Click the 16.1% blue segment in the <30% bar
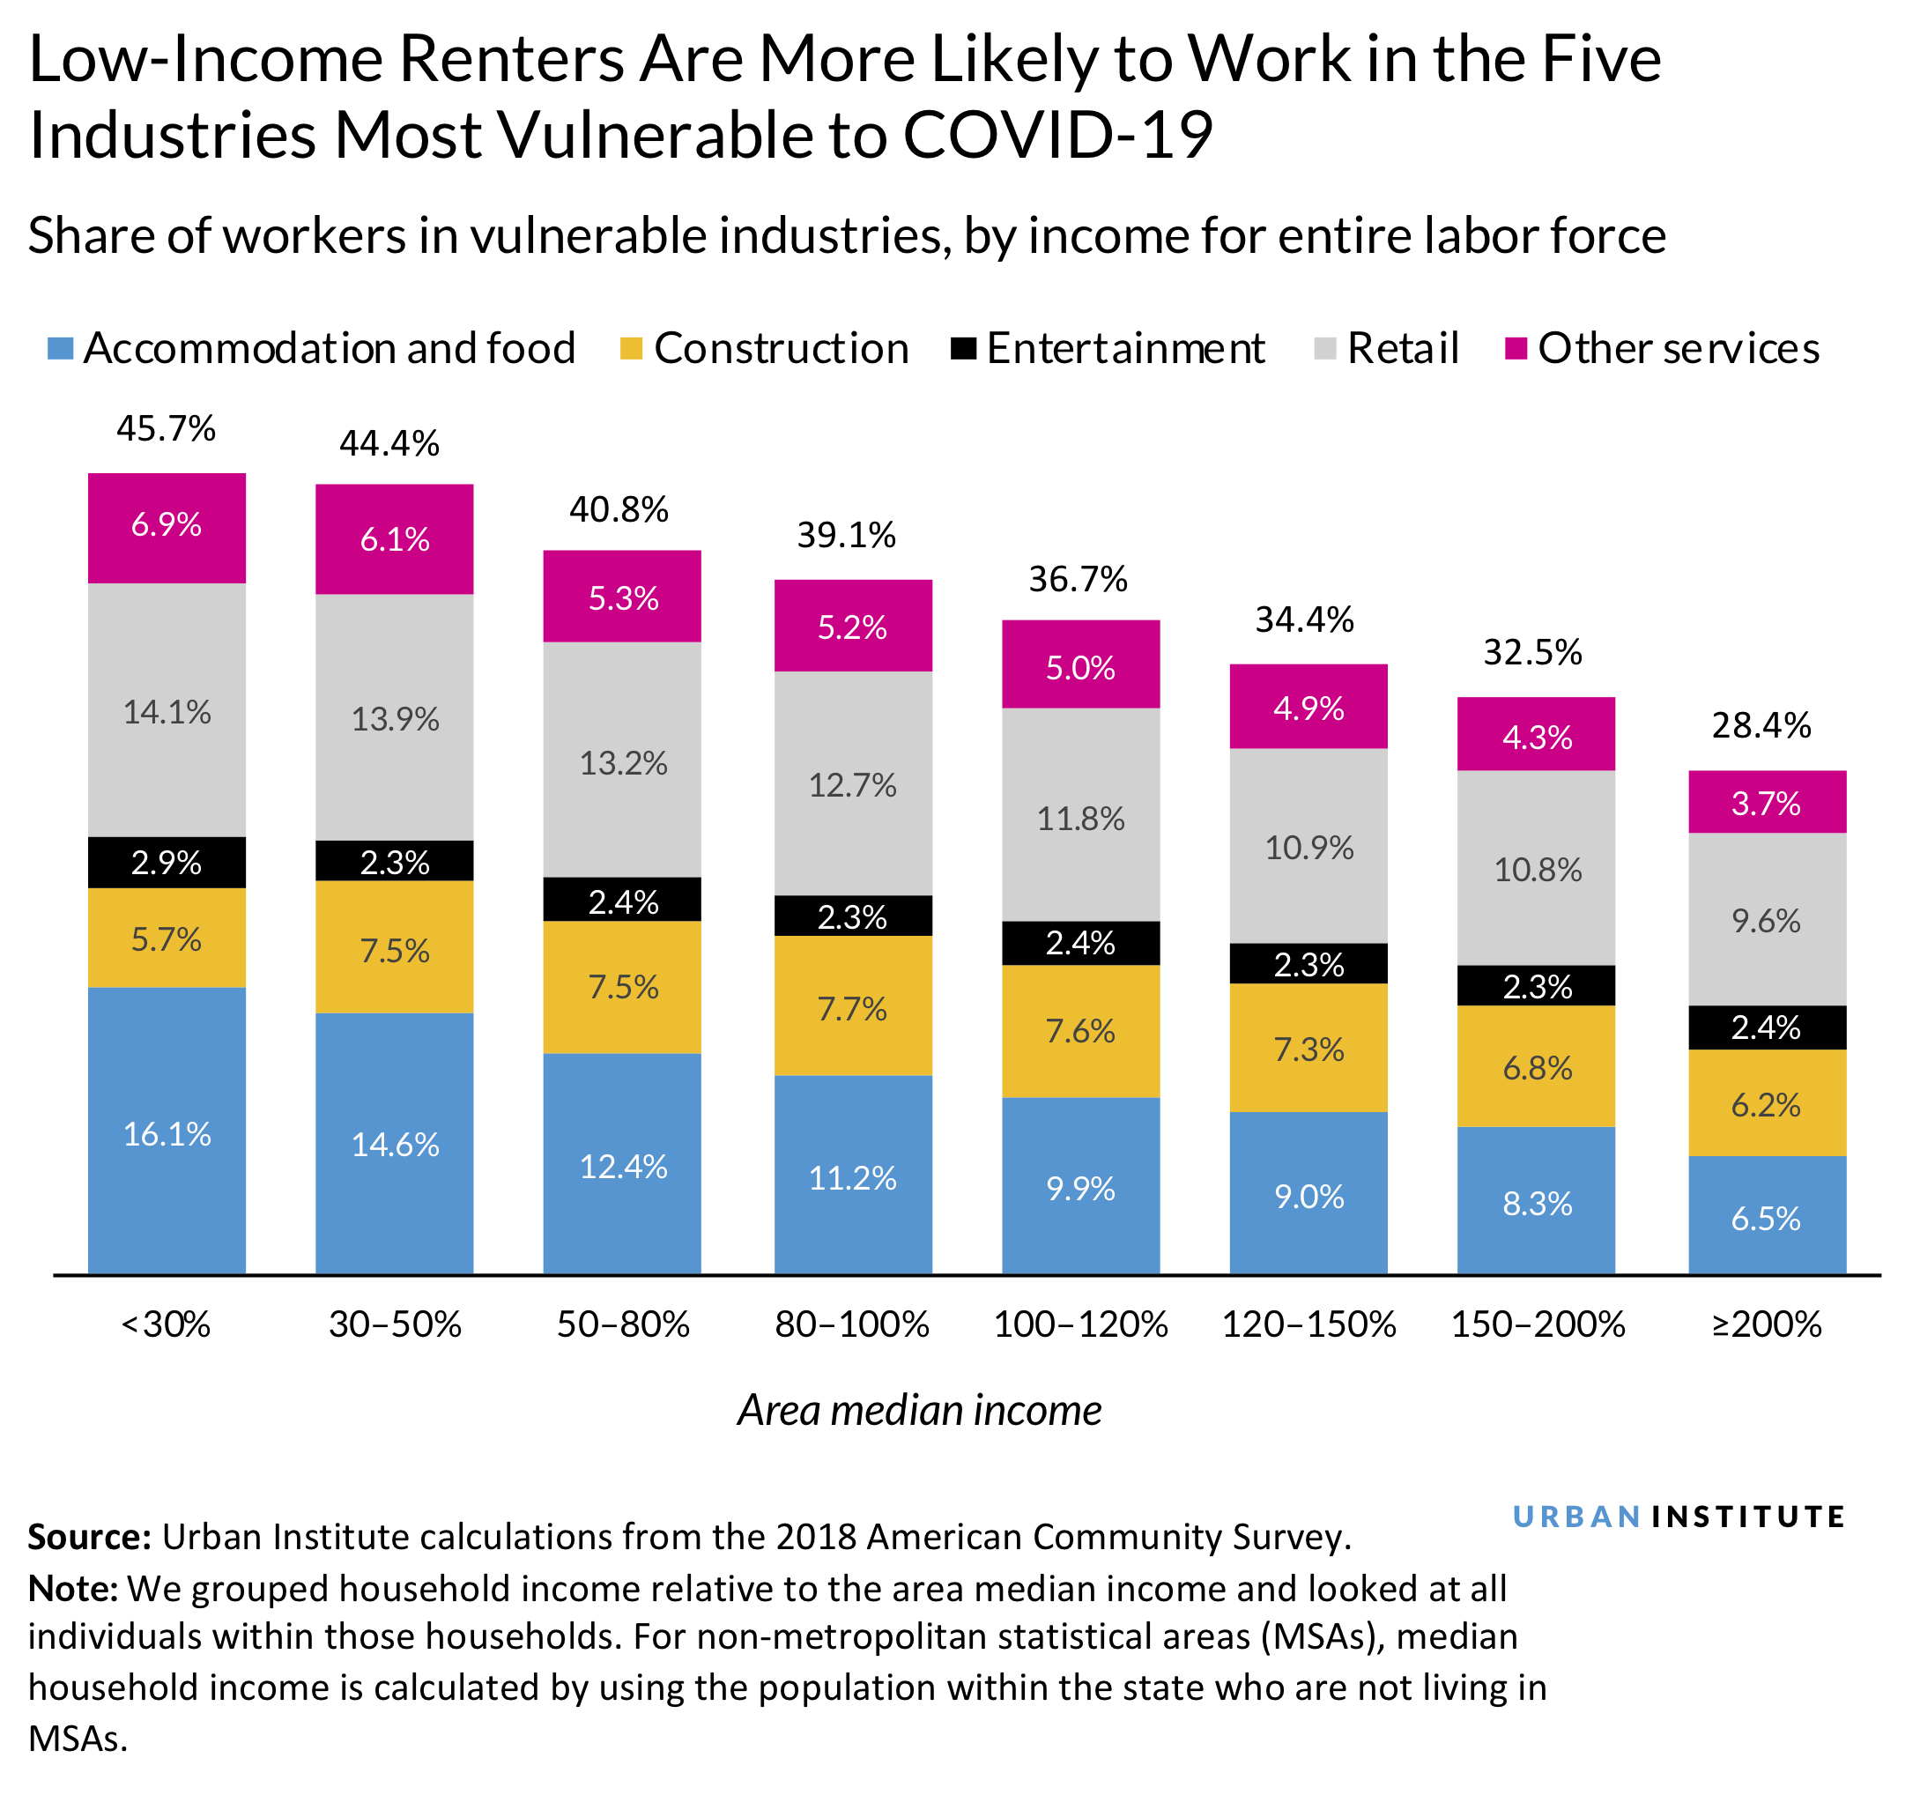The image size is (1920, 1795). coord(167,1132)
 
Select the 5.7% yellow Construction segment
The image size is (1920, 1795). coord(167,938)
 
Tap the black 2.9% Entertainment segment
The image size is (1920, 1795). coord(167,862)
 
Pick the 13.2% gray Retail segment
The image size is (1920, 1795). coord(623,762)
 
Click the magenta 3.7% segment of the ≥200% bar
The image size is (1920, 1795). coord(1766,803)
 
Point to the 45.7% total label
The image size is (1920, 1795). coord(167,428)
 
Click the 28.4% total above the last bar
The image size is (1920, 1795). coord(1761,724)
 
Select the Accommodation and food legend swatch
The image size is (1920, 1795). coord(61,349)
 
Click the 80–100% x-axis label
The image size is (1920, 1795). coord(852,1324)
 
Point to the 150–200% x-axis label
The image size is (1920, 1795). coord(1538,1324)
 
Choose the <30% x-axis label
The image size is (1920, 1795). coord(167,1324)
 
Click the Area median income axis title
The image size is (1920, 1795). coord(918,1411)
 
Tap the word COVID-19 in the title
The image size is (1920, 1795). coord(1056,134)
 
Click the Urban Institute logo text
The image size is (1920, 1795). coord(1678,1517)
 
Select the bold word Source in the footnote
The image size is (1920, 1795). coord(89,1537)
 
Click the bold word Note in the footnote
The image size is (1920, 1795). coord(72,1588)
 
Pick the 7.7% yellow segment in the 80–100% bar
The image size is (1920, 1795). coord(852,1007)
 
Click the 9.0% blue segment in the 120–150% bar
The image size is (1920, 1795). coord(1308,1195)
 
